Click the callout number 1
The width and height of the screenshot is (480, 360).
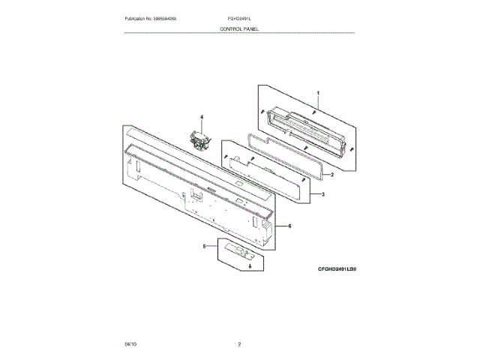[x=318, y=93]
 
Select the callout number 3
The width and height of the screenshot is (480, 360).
[x=322, y=195]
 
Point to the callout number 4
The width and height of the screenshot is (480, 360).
[x=202, y=118]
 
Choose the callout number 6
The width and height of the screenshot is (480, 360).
[x=289, y=226]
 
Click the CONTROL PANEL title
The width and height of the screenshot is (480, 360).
[x=239, y=28]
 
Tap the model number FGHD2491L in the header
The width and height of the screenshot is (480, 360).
[x=239, y=17]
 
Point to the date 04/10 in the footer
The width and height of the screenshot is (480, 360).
[x=130, y=343]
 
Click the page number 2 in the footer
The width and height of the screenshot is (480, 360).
[x=239, y=343]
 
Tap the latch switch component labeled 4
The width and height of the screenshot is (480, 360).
[x=201, y=139]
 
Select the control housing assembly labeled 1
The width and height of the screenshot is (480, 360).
[x=307, y=127]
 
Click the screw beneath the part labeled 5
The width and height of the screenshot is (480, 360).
[x=250, y=266]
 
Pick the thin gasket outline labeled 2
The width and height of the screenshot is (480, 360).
[x=285, y=154]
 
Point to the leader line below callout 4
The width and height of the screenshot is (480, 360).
[x=202, y=125]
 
